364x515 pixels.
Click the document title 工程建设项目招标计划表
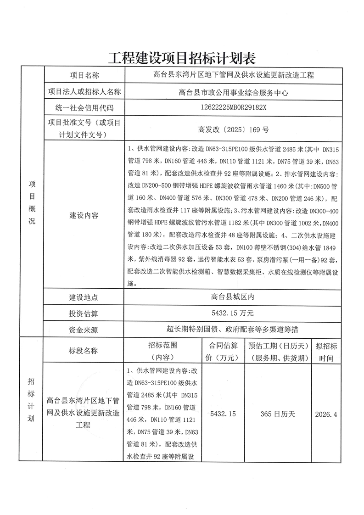[x=182, y=58]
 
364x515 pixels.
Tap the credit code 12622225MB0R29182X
[x=234, y=108]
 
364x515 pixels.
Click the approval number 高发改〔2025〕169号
[x=234, y=129]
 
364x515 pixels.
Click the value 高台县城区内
[x=234, y=297]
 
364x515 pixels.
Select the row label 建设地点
[x=84, y=297]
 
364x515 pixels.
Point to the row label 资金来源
[x=84, y=330]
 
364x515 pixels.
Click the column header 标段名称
[x=84, y=351]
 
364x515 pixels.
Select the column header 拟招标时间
[x=326, y=351]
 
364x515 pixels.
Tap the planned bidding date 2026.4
[x=326, y=414]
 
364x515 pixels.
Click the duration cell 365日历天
[x=278, y=414]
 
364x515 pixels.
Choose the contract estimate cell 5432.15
[x=223, y=414]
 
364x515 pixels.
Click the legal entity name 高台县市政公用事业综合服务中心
[x=234, y=92]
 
